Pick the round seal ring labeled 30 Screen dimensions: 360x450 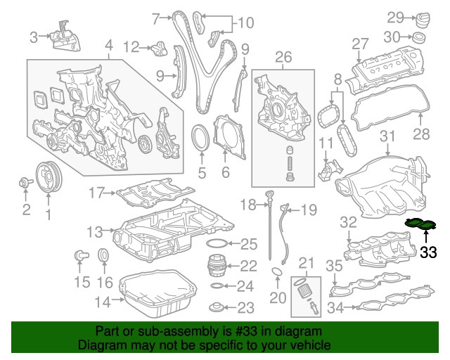(x=420, y=37)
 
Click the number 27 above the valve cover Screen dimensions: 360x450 (x=360, y=44)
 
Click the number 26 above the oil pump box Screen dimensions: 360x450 (x=283, y=56)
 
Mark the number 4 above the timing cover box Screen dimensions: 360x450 (x=108, y=49)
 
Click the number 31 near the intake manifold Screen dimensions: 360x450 (x=388, y=136)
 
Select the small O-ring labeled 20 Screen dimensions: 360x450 (x=278, y=274)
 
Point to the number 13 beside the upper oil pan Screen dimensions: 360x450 (x=95, y=231)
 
